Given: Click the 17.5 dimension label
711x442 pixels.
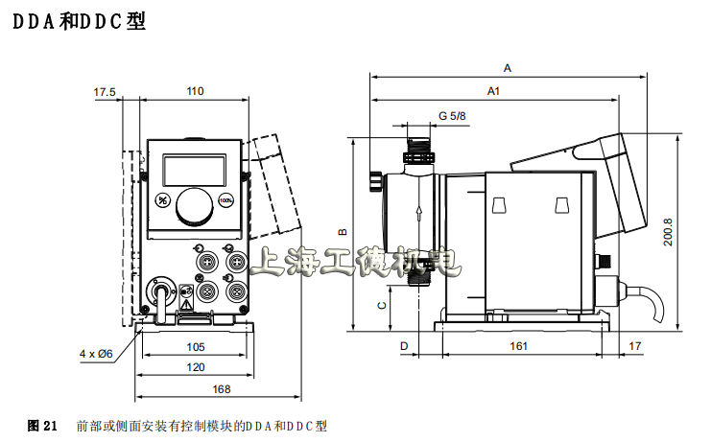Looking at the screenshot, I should click(104, 92).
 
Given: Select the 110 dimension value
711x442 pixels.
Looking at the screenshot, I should click(195, 92).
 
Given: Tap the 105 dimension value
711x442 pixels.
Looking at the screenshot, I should click(195, 347).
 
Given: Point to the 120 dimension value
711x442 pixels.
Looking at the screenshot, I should click(195, 367).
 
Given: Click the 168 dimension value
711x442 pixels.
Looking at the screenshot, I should click(222, 388).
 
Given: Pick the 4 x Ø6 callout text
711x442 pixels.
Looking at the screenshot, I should click(96, 353).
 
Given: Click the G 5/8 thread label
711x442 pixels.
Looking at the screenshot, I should click(452, 116).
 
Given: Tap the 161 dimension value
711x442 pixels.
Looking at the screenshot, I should click(518, 346).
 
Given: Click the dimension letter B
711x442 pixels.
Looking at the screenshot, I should click(343, 231).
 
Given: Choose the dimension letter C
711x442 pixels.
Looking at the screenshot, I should click(382, 306).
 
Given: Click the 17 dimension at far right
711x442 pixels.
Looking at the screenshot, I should click(634, 346).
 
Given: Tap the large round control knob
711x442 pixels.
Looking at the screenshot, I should click(195, 205).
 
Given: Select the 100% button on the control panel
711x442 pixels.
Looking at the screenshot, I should click(226, 200).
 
